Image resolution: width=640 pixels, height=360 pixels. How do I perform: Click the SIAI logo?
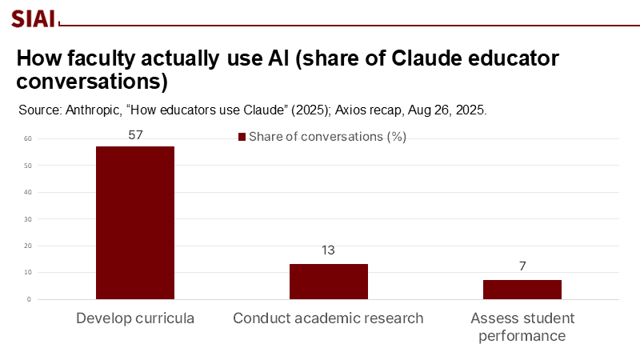(32, 18)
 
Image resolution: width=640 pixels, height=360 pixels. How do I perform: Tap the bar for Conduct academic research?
(329, 282)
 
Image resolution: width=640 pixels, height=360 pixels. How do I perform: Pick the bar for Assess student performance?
(522, 290)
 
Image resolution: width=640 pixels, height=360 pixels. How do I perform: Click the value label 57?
(135, 135)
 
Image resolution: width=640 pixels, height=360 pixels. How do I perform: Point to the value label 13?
(328, 250)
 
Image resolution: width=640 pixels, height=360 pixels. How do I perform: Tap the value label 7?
(522, 266)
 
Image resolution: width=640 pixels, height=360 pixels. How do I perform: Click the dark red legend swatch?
(242, 137)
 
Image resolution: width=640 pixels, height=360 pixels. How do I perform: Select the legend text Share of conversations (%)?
(328, 137)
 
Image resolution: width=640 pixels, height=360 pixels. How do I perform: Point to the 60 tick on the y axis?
(27, 138)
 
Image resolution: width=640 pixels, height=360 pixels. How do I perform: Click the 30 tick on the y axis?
(27, 219)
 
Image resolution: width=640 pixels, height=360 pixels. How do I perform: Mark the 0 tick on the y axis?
(29, 299)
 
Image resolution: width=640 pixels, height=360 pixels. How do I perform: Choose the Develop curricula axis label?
(135, 318)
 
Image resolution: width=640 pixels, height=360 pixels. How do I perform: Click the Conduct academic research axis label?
(328, 318)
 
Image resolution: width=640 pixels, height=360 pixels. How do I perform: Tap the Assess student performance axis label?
(522, 326)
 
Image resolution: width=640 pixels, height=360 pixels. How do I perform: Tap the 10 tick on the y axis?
(27, 273)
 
